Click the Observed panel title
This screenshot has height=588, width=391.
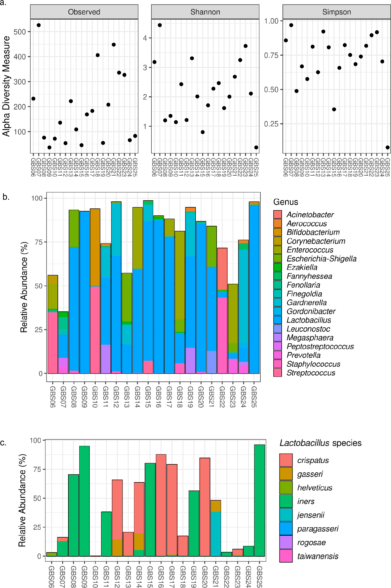coord(84,12)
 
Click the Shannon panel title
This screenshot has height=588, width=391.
coord(205,12)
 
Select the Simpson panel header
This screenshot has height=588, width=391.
coord(336,12)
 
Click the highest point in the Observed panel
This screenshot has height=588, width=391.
coord(39,25)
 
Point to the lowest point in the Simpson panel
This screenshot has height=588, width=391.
coord(387,147)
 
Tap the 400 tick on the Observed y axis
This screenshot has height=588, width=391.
coord(20,57)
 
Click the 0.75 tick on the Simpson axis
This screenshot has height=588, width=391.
coord(271,55)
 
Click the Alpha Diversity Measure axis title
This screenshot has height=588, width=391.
coord(6,86)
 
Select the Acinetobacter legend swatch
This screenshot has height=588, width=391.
coord(277,215)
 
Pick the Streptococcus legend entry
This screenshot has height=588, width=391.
coord(311,373)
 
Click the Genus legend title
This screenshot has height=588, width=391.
coord(286,202)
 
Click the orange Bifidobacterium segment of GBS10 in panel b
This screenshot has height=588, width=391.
coord(95,247)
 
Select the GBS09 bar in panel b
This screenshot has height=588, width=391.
coord(85,291)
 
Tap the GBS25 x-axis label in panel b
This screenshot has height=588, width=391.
coord(254,397)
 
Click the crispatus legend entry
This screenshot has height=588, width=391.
coord(313,461)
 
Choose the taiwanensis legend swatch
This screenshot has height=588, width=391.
coord(286,556)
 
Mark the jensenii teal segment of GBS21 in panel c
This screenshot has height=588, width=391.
coord(216,534)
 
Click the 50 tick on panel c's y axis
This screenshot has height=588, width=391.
coord(37,498)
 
